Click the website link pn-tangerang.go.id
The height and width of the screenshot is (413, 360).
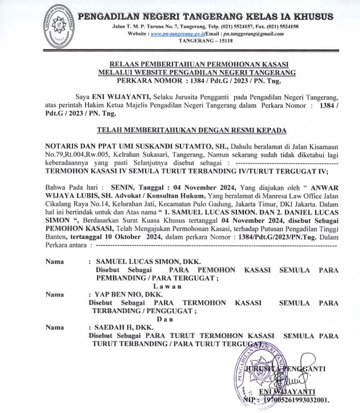(x=176, y=34)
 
